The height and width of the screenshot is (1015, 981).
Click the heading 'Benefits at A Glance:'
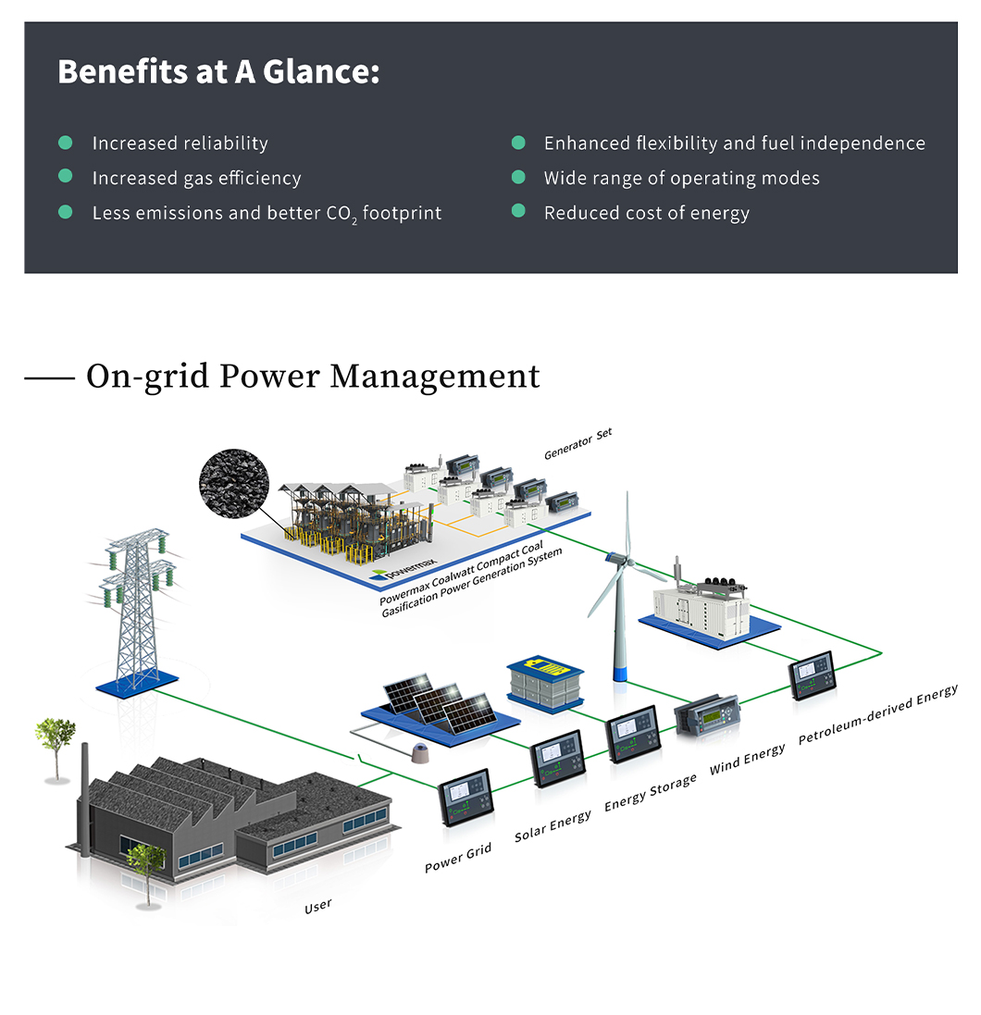point(218,71)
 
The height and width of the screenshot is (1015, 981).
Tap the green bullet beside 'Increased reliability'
point(66,142)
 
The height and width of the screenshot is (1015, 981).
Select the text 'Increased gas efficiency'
point(196,178)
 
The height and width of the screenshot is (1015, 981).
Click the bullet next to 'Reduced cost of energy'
point(518,212)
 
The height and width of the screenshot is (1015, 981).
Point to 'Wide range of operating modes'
point(681,178)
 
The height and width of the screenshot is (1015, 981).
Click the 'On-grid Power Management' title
point(313,377)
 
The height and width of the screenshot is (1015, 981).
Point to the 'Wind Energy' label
point(747,761)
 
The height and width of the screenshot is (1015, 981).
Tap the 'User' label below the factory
point(317,906)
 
